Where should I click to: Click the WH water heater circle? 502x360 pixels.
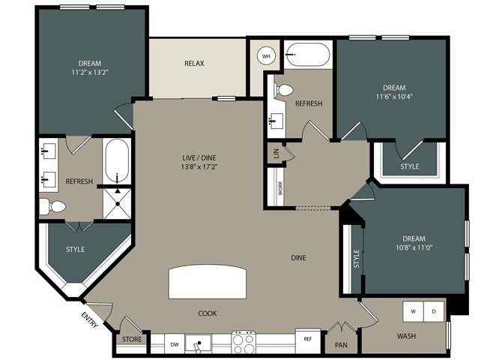(266, 56)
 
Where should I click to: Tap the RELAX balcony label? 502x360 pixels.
(194, 64)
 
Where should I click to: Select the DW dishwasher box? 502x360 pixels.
(175, 344)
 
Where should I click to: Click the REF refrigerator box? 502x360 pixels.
(308, 340)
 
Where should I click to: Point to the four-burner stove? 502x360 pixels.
(244, 342)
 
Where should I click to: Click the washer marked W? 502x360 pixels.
(414, 311)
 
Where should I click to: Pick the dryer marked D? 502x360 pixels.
(434, 311)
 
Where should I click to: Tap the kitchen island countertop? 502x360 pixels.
(208, 282)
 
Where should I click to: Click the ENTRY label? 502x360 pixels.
(89, 319)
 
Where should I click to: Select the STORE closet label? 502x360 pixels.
(132, 339)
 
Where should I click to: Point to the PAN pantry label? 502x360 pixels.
(341, 345)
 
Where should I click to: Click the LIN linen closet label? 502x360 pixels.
(276, 154)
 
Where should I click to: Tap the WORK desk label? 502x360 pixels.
(280, 188)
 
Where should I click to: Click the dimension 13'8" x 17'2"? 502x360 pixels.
(199, 166)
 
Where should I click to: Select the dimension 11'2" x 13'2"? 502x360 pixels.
(90, 73)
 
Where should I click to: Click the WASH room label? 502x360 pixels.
(406, 336)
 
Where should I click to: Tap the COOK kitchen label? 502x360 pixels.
(208, 313)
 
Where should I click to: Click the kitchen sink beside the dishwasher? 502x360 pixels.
(199, 344)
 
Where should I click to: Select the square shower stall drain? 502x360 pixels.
(118, 203)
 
